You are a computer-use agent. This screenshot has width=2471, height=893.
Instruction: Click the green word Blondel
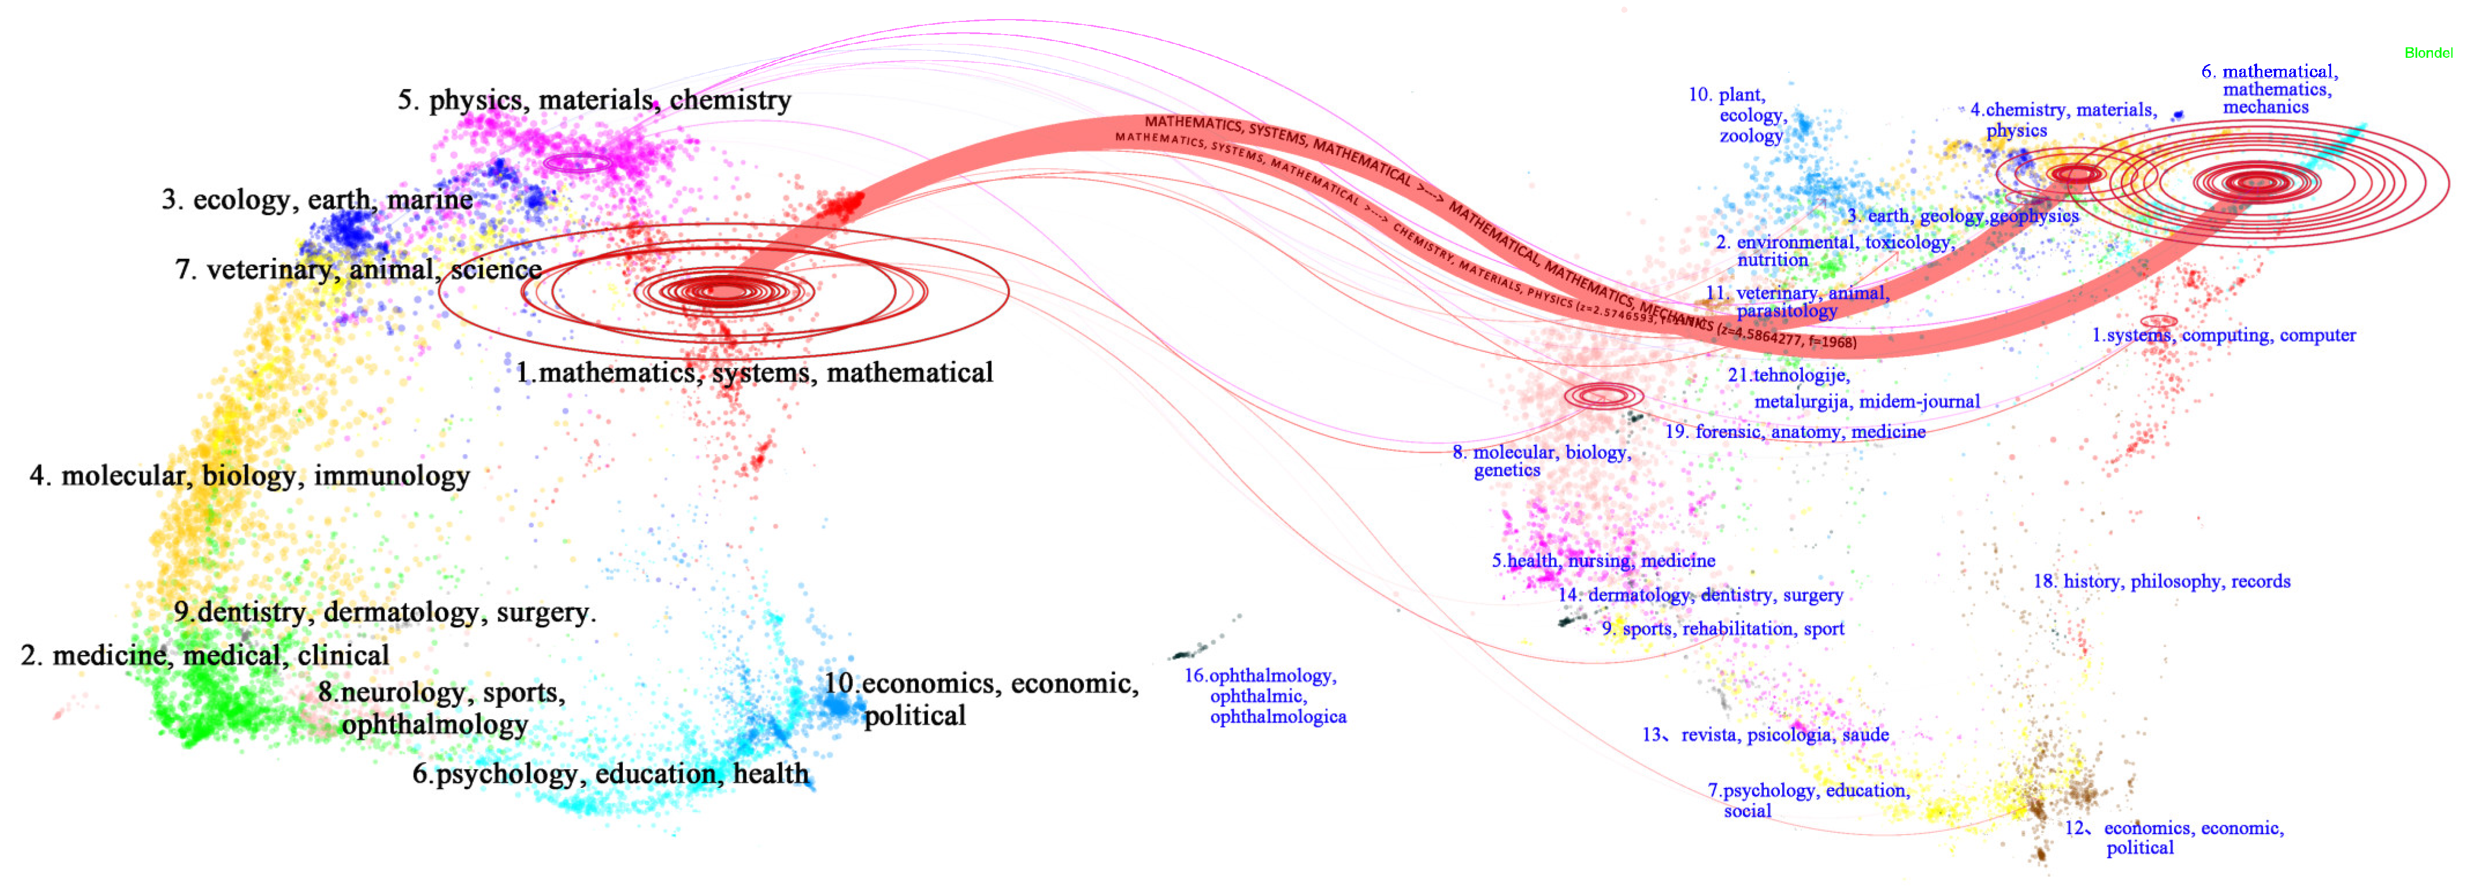point(2428,53)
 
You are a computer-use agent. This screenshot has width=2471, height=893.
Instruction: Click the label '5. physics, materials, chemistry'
point(594,100)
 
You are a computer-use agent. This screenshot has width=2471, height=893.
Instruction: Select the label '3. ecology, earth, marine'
point(317,199)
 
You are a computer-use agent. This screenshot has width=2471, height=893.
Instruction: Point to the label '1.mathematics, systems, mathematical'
point(754,372)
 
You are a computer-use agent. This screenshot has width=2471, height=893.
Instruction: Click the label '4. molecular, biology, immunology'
point(250,476)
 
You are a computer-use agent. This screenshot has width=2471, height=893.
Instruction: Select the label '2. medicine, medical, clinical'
point(205,655)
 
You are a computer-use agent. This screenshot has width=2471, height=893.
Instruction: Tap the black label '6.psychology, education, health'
point(610,773)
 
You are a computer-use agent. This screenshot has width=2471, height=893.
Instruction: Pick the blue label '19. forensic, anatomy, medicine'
point(1795,431)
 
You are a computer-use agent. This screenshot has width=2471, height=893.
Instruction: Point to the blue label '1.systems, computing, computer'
point(2224,335)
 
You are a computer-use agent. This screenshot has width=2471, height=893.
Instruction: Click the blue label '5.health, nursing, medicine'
point(1603,560)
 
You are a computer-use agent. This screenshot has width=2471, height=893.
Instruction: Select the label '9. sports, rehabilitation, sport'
point(1723,628)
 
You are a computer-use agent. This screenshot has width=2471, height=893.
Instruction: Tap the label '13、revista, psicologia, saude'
point(1765,735)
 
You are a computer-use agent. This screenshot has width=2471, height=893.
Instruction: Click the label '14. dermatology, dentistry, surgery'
point(1700,595)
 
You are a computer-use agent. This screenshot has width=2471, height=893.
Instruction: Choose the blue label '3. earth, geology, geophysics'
point(1962,216)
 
